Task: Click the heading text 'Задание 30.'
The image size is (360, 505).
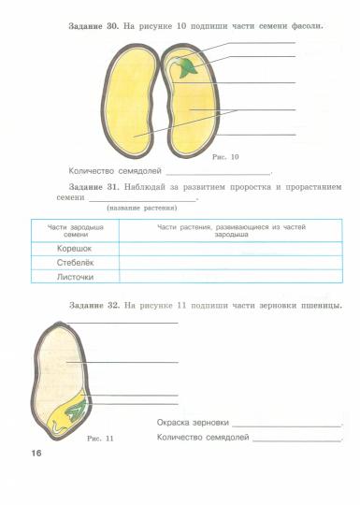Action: (93, 25)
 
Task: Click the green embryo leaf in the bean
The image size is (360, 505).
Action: (188, 67)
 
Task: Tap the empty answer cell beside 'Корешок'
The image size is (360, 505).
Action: (230, 249)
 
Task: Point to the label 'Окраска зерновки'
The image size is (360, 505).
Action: (193, 423)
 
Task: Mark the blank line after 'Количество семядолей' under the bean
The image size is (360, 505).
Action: (218, 174)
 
